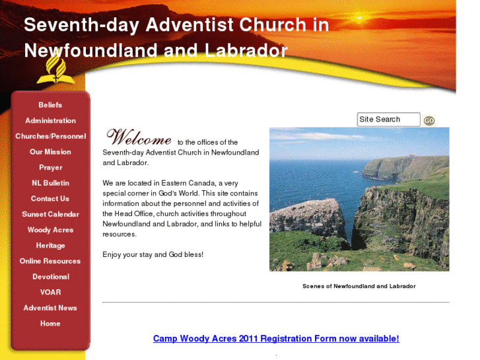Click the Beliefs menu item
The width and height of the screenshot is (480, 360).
click(50, 105)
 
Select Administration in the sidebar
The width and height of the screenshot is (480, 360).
click(50, 121)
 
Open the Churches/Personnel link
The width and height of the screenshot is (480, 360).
click(50, 136)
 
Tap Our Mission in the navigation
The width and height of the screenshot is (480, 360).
click(50, 152)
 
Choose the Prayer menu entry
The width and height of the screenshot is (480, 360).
click(50, 168)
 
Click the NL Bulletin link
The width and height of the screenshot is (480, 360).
click(50, 183)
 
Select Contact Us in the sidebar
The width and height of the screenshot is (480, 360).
click(50, 199)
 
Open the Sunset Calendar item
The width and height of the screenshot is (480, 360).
click(50, 214)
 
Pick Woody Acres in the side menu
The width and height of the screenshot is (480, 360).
click(50, 230)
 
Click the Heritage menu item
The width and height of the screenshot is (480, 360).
click(50, 246)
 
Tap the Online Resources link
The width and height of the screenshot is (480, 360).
click(50, 261)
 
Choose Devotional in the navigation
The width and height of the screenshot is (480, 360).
click(50, 277)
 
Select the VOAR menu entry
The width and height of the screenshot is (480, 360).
click(50, 292)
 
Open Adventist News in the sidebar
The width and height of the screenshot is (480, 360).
click(50, 308)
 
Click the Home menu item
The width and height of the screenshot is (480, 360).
click(50, 324)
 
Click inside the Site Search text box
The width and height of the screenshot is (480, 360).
click(388, 120)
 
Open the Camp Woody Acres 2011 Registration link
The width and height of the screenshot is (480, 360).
click(276, 339)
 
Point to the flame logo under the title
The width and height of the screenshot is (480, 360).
click(55, 69)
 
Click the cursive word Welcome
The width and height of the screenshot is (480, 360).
click(139, 137)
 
